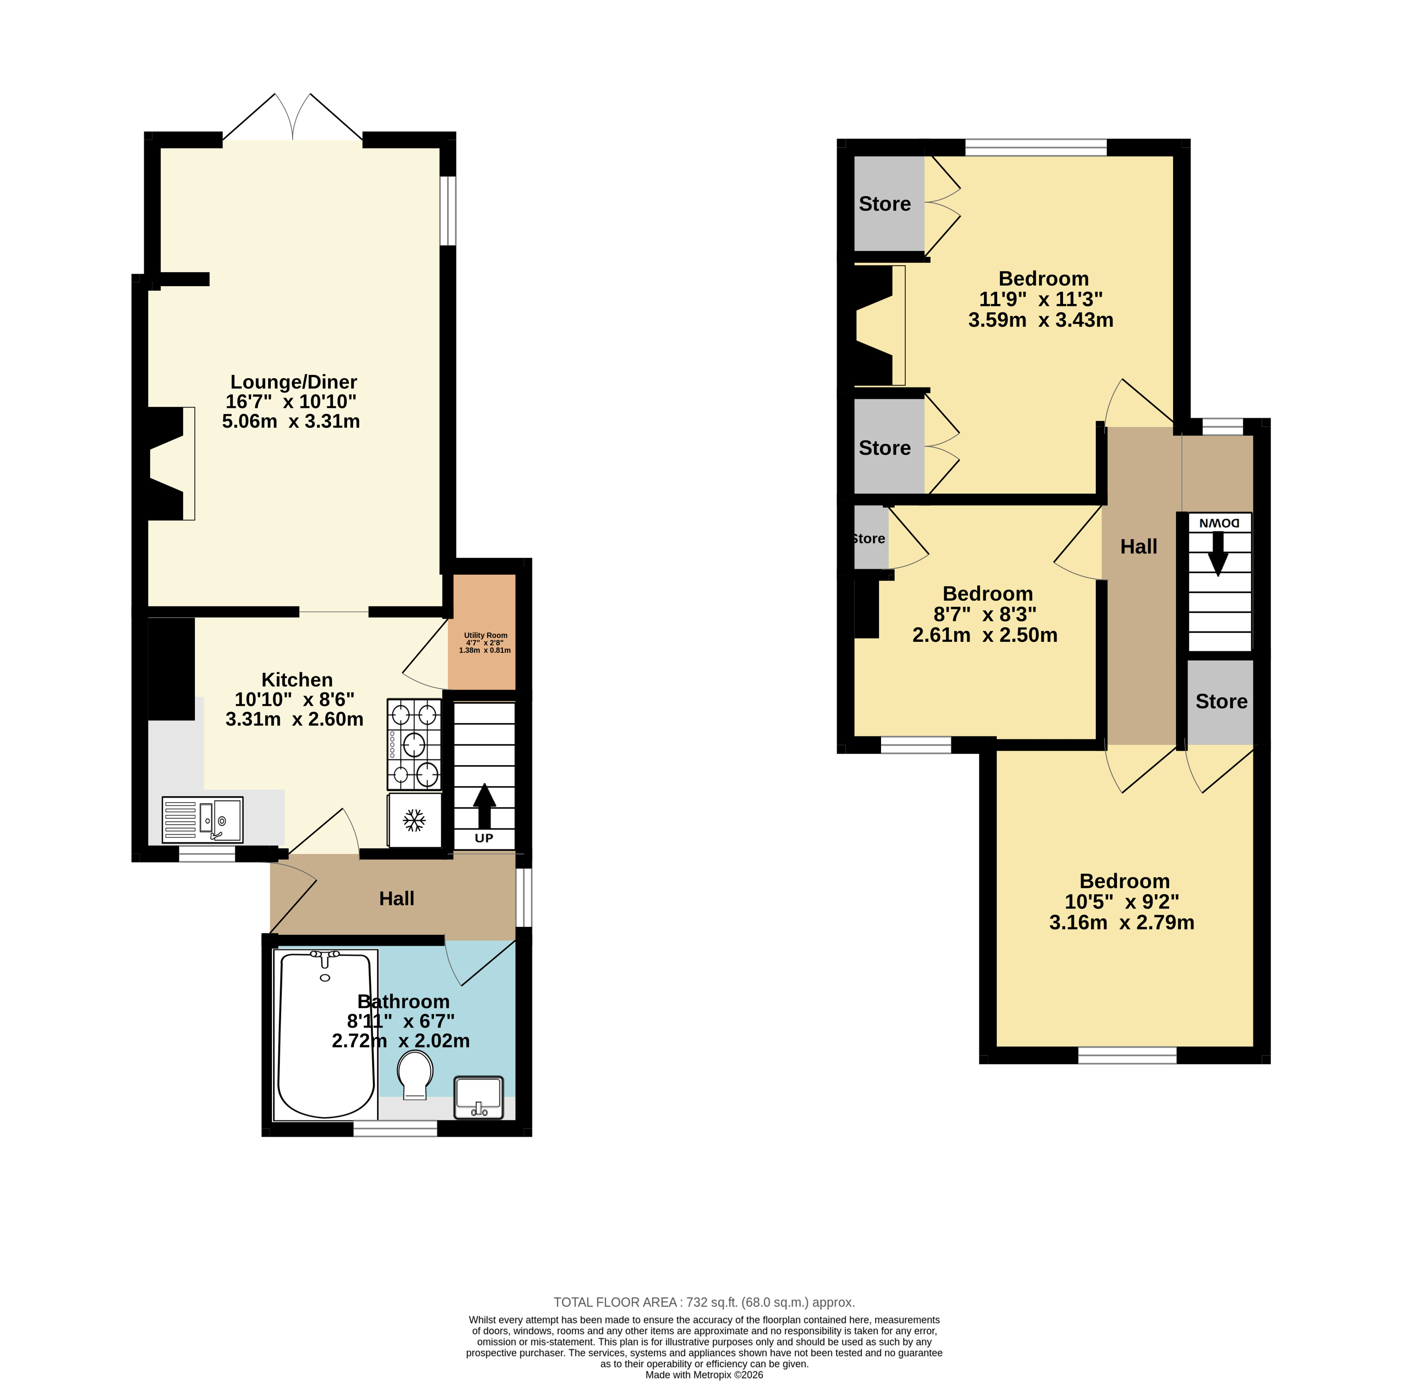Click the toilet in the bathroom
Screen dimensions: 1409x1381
(x=415, y=1074)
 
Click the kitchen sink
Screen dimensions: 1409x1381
(x=202, y=820)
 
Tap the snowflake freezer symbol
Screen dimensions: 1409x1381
(x=414, y=820)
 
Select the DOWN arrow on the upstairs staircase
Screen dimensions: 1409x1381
(x=1218, y=554)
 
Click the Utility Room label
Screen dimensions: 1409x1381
(x=485, y=635)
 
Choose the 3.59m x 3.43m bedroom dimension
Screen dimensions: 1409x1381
(x=1041, y=320)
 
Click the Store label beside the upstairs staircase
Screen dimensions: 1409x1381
(x=1221, y=701)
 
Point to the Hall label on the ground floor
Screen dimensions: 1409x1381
(x=397, y=899)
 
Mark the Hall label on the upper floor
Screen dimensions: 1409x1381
(x=1139, y=547)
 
